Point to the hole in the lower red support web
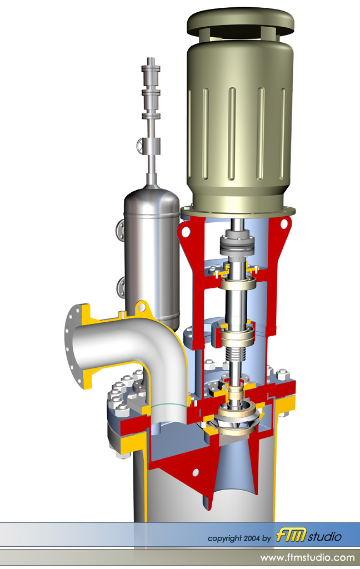(195, 472)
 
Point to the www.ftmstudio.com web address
(307, 557)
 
